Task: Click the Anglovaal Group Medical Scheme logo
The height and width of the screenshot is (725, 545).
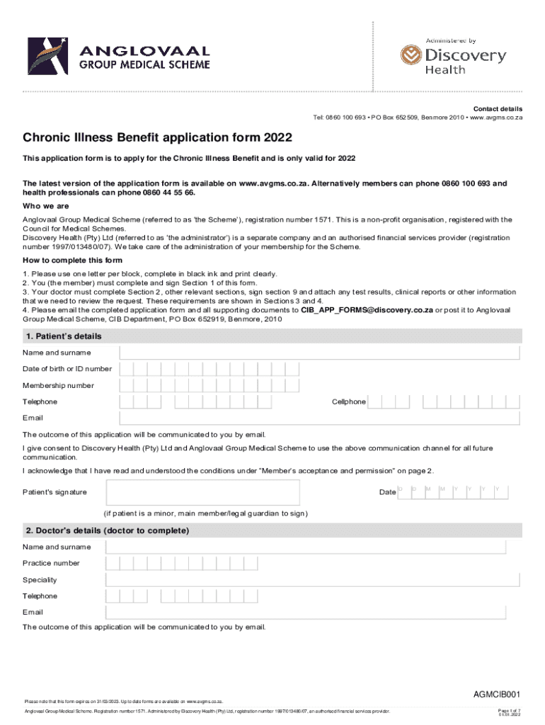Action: pyautogui.click(x=119, y=55)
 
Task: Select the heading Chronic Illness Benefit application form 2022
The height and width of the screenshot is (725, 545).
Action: pyautogui.click(x=157, y=137)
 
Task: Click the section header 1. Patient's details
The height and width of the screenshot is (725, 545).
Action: pyautogui.click(x=64, y=336)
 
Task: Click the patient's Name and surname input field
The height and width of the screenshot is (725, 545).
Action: pyautogui.click(x=320, y=353)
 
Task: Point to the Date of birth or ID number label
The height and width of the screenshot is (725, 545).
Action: pyautogui.click(x=67, y=369)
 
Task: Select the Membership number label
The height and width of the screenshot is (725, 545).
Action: pyautogui.click(x=58, y=385)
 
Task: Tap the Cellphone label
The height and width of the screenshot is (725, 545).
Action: pyautogui.click(x=349, y=401)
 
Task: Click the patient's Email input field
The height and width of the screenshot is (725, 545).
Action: pyautogui.click(x=320, y=418)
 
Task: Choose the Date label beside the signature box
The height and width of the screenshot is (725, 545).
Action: pyautogui.click(x=387, y=492)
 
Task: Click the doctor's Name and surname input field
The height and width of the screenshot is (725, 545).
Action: pyautogui.click(x=306, y=547)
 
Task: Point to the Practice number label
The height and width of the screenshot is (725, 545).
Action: pyautogui.click(x=51, y=564)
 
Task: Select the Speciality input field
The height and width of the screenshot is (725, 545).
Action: pyautogui.click(x=306, y=580)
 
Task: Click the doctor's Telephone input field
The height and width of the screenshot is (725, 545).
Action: pyautogui.click(x=306, y=596)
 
